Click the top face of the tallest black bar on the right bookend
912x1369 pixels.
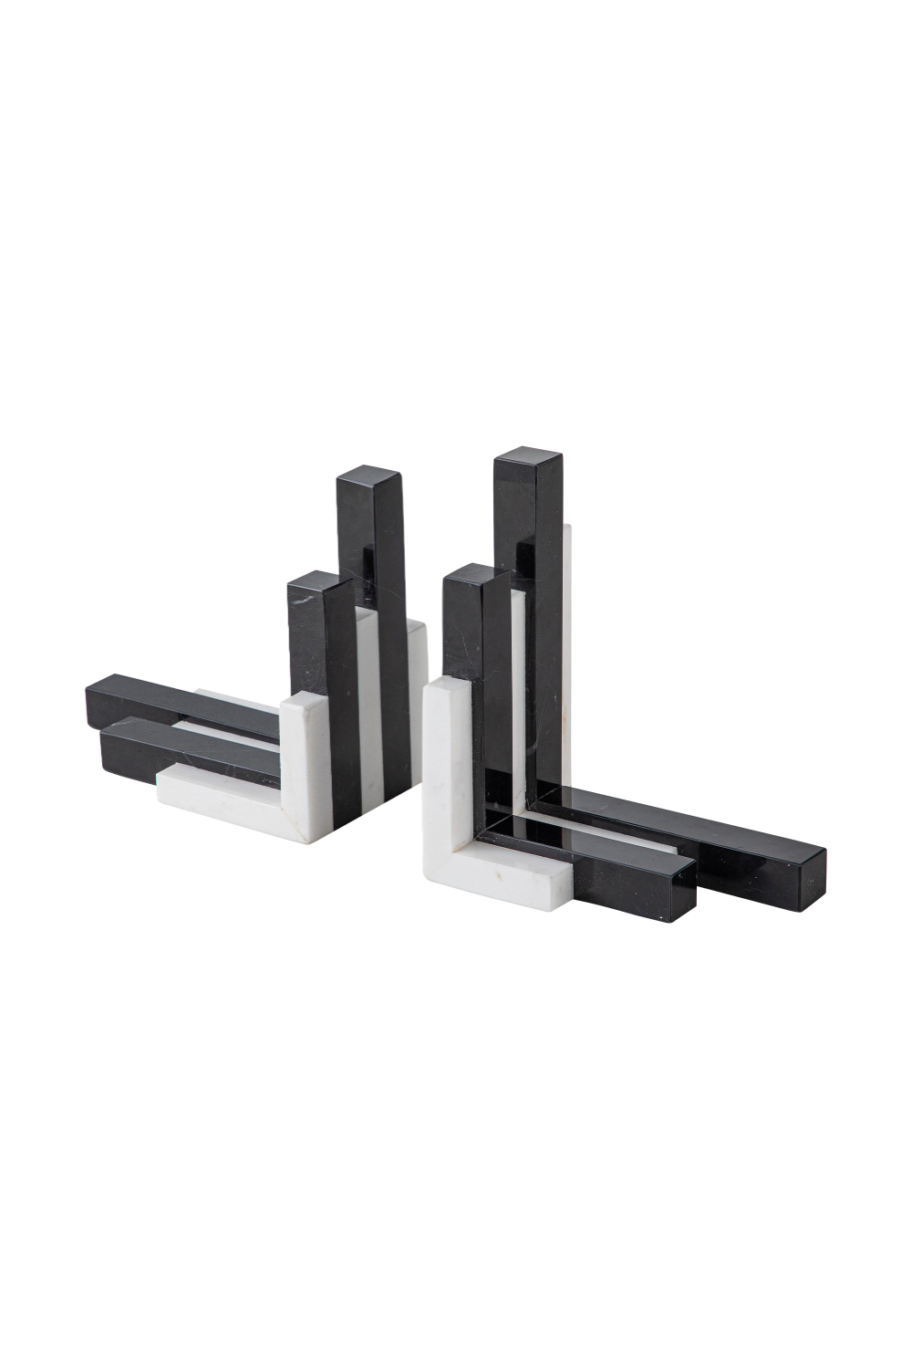pos(528,456)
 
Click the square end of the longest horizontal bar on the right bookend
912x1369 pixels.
pos(805,879)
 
